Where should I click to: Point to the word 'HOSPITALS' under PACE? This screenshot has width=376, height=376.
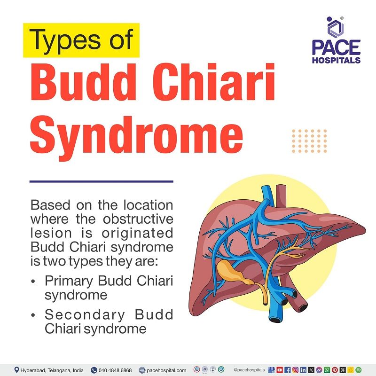(x=336, y=60)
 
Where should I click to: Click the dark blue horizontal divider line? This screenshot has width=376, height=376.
(x=101, y=181)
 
